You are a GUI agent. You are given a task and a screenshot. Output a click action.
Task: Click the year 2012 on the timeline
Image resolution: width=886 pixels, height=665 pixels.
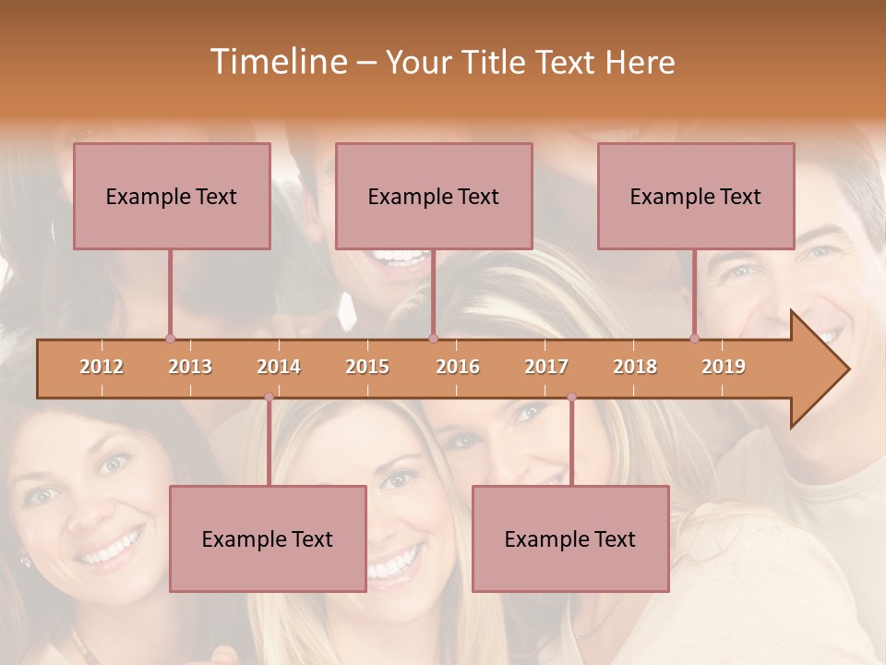click(x=102, y=368)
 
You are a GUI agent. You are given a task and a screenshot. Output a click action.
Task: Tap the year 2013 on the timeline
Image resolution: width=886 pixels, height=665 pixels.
click(x=190, y=368)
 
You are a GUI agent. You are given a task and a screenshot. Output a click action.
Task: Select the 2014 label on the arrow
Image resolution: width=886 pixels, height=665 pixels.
click(x=279, y=368)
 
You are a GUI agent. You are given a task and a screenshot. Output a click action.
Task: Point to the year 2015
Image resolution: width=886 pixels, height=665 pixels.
click(x=367, y=368)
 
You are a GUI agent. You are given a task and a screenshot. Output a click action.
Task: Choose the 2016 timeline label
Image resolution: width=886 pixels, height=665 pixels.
click(x=458, y=368)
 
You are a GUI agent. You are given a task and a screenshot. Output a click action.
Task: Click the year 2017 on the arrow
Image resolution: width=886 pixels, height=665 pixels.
click(x=546, y=368)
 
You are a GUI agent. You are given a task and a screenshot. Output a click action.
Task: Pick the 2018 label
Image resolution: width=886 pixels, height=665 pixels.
click(x=635, y=368)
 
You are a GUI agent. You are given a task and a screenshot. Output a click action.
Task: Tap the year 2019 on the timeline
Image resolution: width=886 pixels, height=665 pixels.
click(x=724, y=368)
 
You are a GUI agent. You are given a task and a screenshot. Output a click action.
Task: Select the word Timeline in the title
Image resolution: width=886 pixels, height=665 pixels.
click(x=277, y=62)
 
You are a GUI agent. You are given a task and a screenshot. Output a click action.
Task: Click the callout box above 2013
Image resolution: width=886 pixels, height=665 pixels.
click(x=172, y=196)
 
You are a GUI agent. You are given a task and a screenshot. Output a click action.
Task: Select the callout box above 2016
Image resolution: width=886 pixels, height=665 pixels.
click(x=434, y=196)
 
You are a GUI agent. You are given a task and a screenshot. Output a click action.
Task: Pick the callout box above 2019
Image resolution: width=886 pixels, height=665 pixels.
click(x=696, y=196)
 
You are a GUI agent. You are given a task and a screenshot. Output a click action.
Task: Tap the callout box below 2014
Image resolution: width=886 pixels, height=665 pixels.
click(x=268, y=538)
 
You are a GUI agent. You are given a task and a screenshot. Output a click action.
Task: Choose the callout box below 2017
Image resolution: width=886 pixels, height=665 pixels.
click(x=570, y=538)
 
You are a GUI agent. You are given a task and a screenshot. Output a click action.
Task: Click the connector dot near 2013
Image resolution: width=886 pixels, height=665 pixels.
click(x=170, y=338)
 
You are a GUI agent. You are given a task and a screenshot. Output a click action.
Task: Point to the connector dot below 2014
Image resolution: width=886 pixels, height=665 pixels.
click(x=269, y=397)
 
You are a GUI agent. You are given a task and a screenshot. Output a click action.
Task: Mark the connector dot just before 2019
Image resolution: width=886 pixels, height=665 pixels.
click(x=694, y=338)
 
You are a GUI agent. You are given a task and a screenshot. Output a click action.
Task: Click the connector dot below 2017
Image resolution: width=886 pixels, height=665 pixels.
click(x=571, y=397)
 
